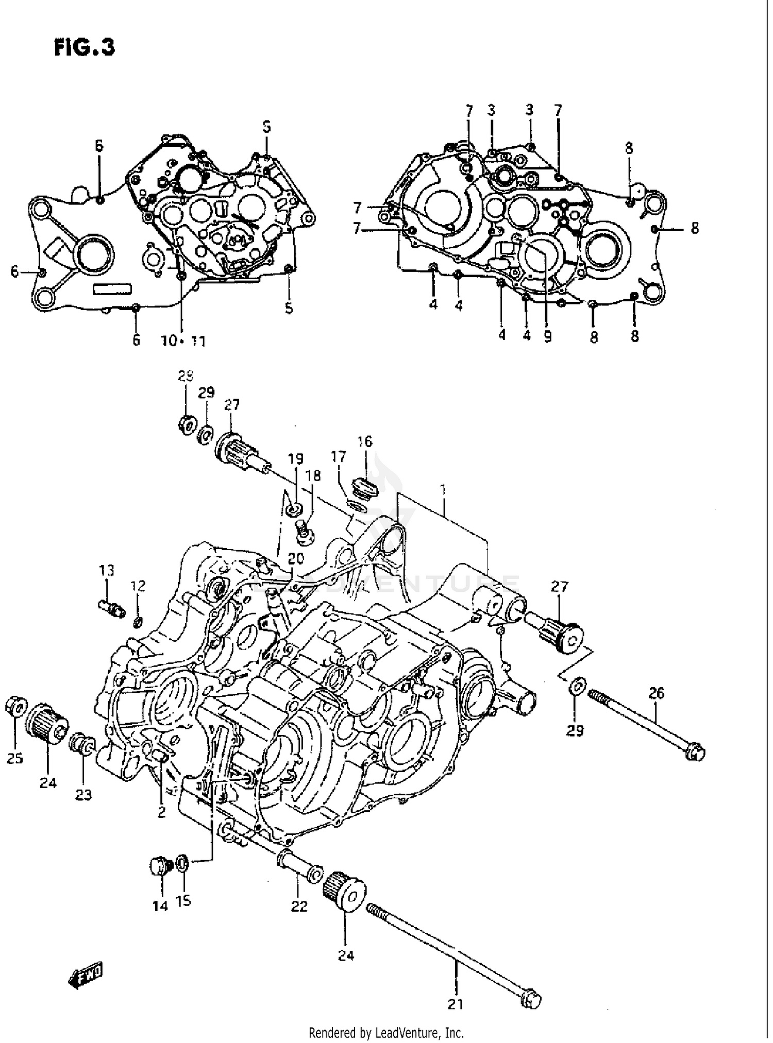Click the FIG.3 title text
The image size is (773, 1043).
pyautogui.click(x=84, y=47)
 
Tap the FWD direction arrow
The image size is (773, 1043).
pyautogui.click(x=86, y=975)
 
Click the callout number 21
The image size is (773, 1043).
pyautogui.click(x=455, y=1003)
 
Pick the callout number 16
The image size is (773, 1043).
pyautogui.click(x=364, y=441)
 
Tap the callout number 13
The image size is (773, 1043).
pyautogui.click(x=107, y=570)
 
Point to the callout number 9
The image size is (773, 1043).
pyautogui.click(x=547, y=336)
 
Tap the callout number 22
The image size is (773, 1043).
pyautogui.click(x=299, y=920)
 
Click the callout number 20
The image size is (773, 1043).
pyautogui.click(x=296, y=558)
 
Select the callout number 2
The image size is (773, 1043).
pyautogui.click(x=161, y=812)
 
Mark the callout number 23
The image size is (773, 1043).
pyautogui.click(x=83, y=795)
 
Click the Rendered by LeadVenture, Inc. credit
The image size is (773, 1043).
pyautogui.click(x=386, y=1032)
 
